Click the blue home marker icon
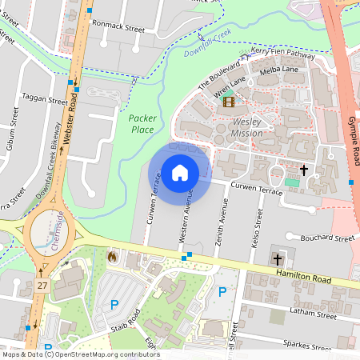pos(180,172)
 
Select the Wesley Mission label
pos(247,127)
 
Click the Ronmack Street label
pos(118,27)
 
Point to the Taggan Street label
pos(46,102)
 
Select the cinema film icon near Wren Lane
pos(230,101)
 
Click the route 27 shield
pos(42,285)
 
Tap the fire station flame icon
pos(112,257)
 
